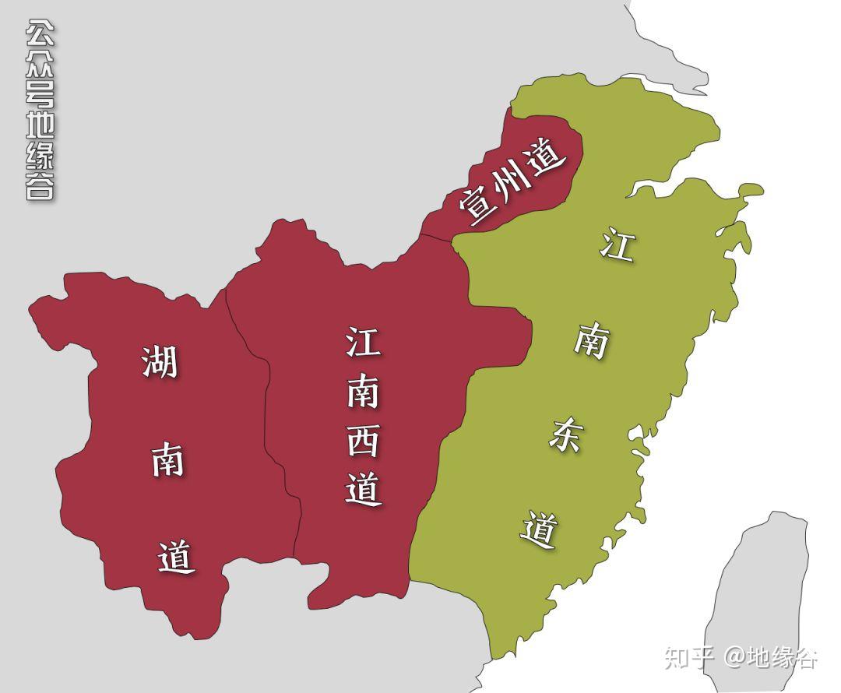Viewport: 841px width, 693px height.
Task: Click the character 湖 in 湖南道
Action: (x=160, y=362)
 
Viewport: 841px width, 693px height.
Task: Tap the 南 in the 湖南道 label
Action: (x=167, y=460)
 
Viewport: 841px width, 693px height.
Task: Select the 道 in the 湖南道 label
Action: (x=176, y=557)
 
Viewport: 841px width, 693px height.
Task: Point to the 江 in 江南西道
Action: (x=363, y=342)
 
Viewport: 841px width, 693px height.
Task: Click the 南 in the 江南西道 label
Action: (x=363, y=392)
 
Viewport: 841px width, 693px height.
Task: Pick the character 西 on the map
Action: (x=363, y=440)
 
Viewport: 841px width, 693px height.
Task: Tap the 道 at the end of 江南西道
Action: (x=364, y=490)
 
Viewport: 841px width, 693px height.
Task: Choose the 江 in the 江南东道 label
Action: (x=617, y=246)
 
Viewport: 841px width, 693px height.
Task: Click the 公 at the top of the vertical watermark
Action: (x=40, y=33)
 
